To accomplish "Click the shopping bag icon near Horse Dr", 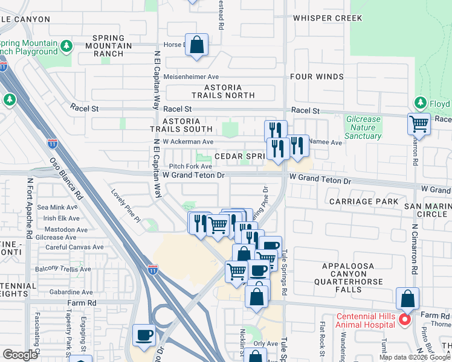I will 196,45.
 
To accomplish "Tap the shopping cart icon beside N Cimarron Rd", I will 419,124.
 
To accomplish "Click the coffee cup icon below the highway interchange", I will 144,335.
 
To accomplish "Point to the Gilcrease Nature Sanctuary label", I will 364,127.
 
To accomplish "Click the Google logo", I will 20,355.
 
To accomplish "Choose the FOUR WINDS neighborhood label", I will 317,77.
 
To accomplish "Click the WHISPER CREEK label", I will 328,18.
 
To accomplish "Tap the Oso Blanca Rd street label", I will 66,179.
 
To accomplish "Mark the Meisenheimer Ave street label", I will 192,77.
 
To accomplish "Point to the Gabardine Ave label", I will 71,291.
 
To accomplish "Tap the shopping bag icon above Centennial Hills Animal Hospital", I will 408,299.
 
